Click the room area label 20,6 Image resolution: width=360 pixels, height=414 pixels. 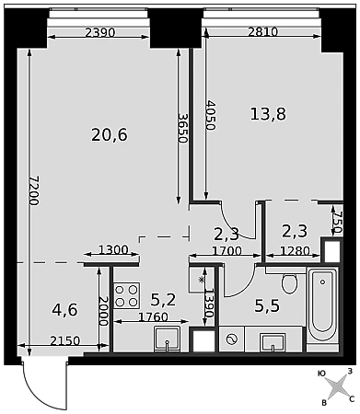point(110,135)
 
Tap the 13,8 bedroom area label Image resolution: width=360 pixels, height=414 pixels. point(268,114)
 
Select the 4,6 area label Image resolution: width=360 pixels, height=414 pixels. point(65,310)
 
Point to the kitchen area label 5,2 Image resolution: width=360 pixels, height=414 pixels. point(163,300)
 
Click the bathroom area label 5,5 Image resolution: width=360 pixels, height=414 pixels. point(267,305)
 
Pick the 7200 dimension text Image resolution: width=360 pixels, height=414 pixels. point(34,190)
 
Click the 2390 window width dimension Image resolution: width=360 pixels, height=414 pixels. point(100,32)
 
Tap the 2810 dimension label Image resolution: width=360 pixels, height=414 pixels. point(262,31)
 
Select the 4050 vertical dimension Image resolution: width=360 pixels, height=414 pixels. point(211,115)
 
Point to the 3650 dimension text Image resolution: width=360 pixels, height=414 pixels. point(183,128)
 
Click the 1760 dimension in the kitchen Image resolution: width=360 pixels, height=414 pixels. point(153,316)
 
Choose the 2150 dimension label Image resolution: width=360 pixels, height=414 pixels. point(65,340)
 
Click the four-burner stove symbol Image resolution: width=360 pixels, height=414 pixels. point(127,295)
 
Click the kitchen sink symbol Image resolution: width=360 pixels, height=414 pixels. point(167,339)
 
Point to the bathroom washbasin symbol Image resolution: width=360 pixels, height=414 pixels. point(273,342)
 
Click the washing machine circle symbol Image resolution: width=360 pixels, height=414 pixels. point(232,339)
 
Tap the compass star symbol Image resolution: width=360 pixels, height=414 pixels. point(337,386)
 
